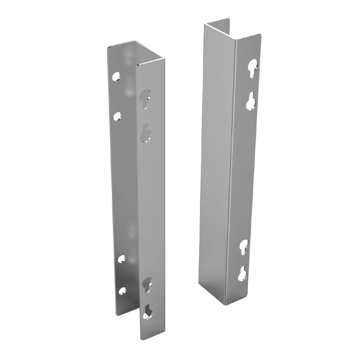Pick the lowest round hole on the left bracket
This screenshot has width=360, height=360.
pyautogui.click(x=122, y=291)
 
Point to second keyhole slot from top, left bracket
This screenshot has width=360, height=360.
pyautogui.click(x=145, y=134)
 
